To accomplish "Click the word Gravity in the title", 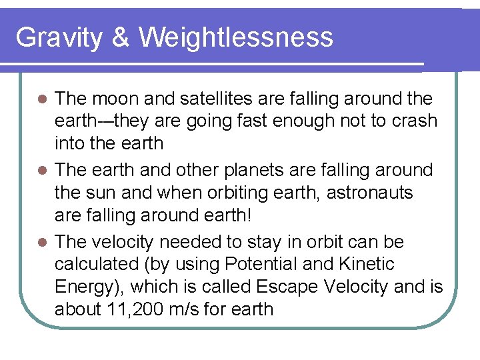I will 59,37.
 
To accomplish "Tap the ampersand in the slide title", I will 121,37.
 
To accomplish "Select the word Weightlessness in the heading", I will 235,37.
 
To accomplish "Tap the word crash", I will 411,121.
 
